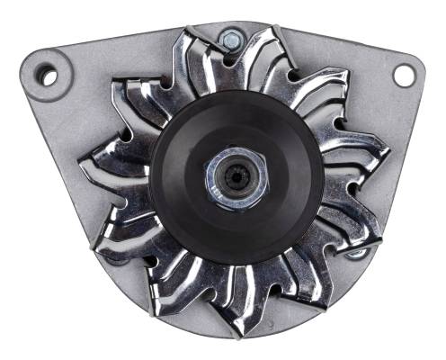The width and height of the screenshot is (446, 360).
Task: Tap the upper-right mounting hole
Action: point(404,76)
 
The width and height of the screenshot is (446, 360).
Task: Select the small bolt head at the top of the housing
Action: point(231,39)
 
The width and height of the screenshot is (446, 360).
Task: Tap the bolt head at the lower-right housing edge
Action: point(358,253)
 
